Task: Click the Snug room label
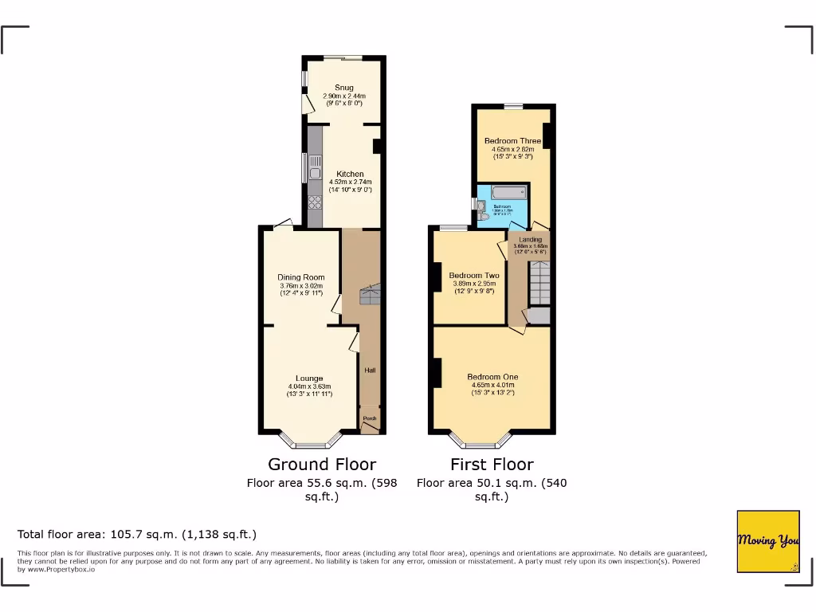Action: click(x=344, y=88)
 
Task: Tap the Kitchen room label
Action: click(x=350, y=174)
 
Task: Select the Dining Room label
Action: click(x=301, y=277)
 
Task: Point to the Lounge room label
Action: click(x=309, y=379)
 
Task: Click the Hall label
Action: click(x=370, y=371)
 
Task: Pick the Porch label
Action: click(x=370, y=418)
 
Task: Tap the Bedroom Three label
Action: click(x=512, y=141)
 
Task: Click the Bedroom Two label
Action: click(x=469, y=276)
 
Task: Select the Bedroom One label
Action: click(x=492, y=377)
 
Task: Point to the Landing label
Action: click(x=530, y=240)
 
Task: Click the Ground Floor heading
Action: click(x=322, y=464)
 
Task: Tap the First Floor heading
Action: click(x=492, y=464)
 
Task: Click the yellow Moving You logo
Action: click(x=768, y=541)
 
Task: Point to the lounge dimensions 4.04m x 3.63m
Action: click(x=309, y=387)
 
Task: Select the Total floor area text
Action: click(x=137, y=534)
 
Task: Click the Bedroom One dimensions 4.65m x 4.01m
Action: click(x=492, y=386)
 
